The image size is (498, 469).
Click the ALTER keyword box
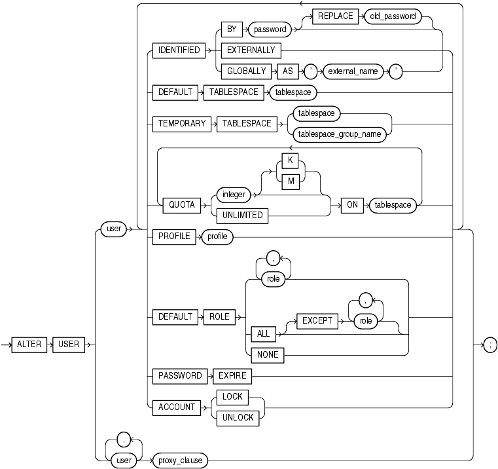point(29,345)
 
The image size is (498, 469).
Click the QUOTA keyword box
point(183,204)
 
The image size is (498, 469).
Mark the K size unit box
point(289,161)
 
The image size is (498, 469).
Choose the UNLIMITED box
point(243,216)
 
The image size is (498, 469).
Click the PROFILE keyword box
point(173,236)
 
